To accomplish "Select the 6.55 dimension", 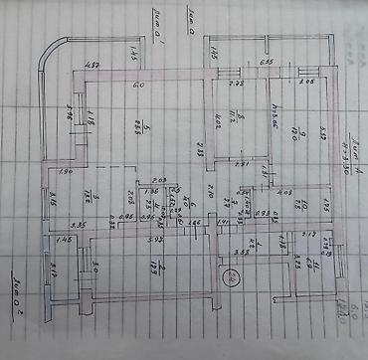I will [x=267, y=64].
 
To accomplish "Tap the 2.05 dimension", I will [x=306, y=84].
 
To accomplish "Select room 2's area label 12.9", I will [x=144, y=266].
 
